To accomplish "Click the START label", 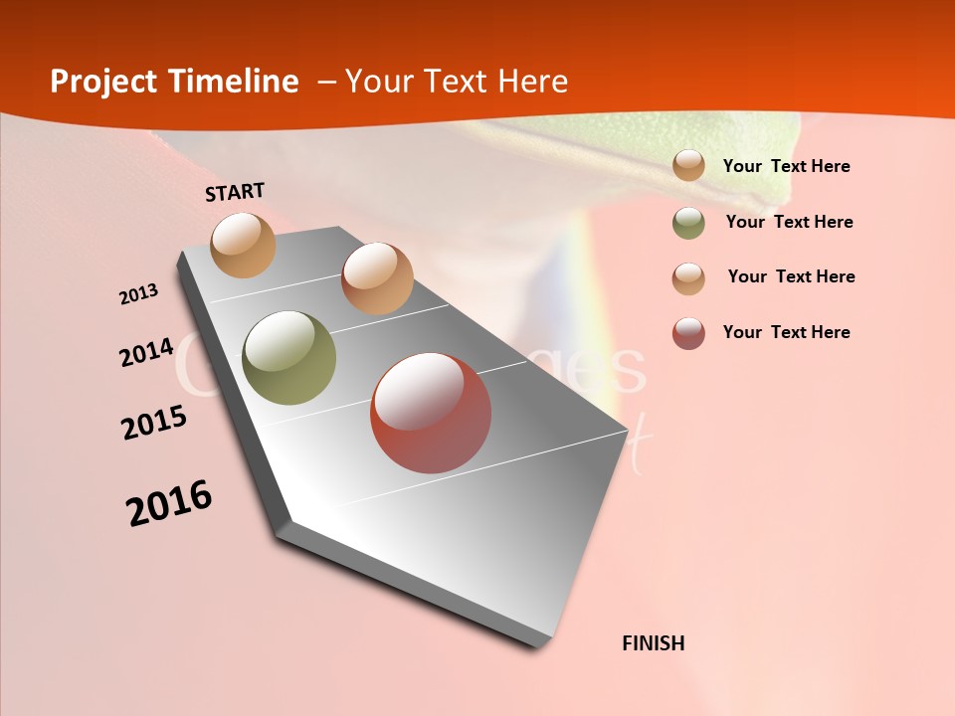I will (x=235, y=192).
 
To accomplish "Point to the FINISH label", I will (x=653, y=643).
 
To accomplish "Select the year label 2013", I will (x=139, y=294).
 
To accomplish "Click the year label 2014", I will (x=147, y=352).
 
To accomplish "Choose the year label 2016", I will (x=169, y=502).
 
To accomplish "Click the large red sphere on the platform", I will (x=431, y=413).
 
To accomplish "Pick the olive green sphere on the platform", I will (x=288, y=358).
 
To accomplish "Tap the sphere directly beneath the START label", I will (x=244, y=245).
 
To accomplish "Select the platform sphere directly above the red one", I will (x=377, y=278).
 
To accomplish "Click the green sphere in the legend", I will (x=688, y=223).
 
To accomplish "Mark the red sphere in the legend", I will (x=688, y=333).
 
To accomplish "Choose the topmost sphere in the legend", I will (x=688, y=166).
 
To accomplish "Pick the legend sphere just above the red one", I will (x=688, y=277).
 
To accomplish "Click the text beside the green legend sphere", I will (x=789, y=222).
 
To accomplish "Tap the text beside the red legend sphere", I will (x=786, y=332).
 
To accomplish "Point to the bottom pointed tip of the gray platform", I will (x=537, y=645).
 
